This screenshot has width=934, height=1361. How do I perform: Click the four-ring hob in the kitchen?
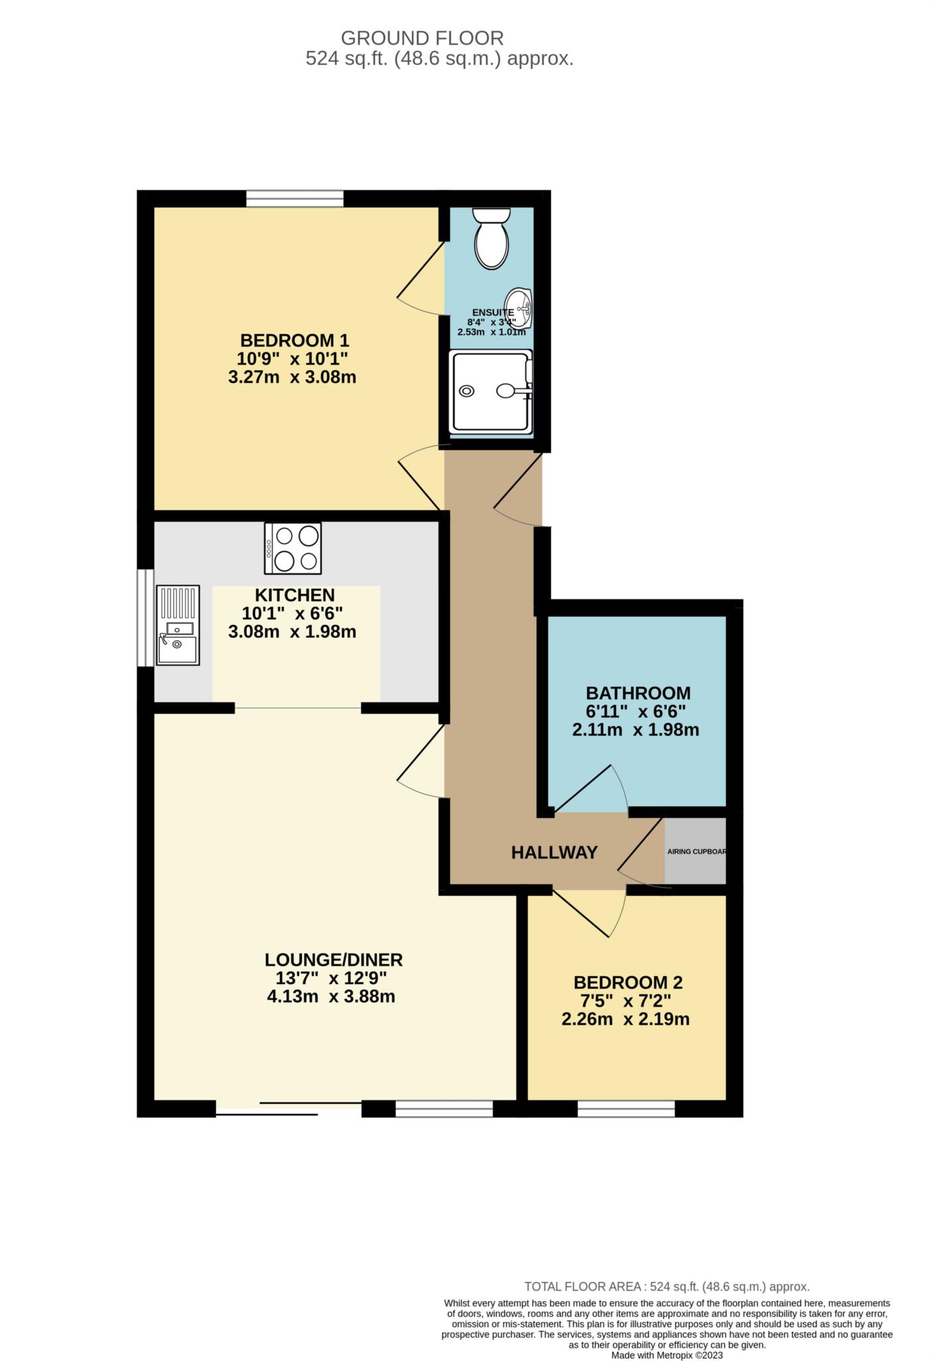292,548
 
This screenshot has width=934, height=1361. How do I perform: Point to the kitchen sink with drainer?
177,625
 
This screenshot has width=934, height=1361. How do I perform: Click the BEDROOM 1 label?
294,341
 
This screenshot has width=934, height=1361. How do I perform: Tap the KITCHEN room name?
294,595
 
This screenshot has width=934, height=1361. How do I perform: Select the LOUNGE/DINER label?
334,960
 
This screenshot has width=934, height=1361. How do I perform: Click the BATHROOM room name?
638,693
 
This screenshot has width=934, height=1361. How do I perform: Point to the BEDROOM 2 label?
628,982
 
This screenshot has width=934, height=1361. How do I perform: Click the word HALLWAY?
554,853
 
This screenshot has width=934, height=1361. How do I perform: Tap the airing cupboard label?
695,851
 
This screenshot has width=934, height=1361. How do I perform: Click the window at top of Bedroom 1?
294,199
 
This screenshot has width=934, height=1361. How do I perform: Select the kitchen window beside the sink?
145,617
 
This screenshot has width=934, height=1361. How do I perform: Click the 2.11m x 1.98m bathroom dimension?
636,730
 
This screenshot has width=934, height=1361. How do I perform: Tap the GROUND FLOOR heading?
422,38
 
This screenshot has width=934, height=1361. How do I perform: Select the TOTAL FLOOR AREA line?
667,1287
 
